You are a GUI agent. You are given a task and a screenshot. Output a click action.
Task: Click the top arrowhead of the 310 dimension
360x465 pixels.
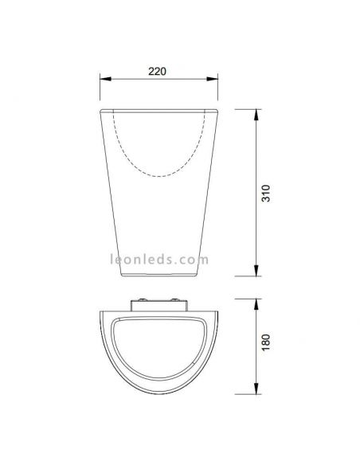tap(255, 109)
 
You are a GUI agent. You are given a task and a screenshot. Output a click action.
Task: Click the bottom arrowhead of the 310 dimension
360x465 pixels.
tap(255, 276)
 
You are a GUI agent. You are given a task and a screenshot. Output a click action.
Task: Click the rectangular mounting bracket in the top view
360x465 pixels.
tap(158, 303)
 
